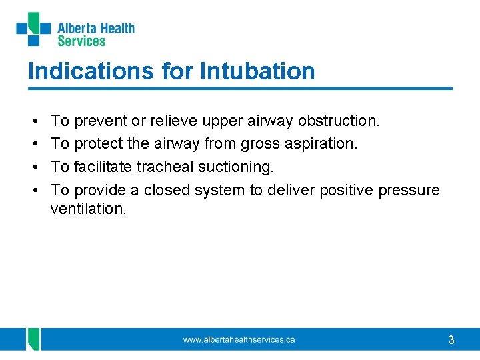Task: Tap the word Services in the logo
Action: coord(81,41)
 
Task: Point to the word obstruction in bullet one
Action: coord(339,121)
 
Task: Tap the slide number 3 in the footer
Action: coord(451,340)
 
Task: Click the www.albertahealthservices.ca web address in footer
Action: coord(239,340)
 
